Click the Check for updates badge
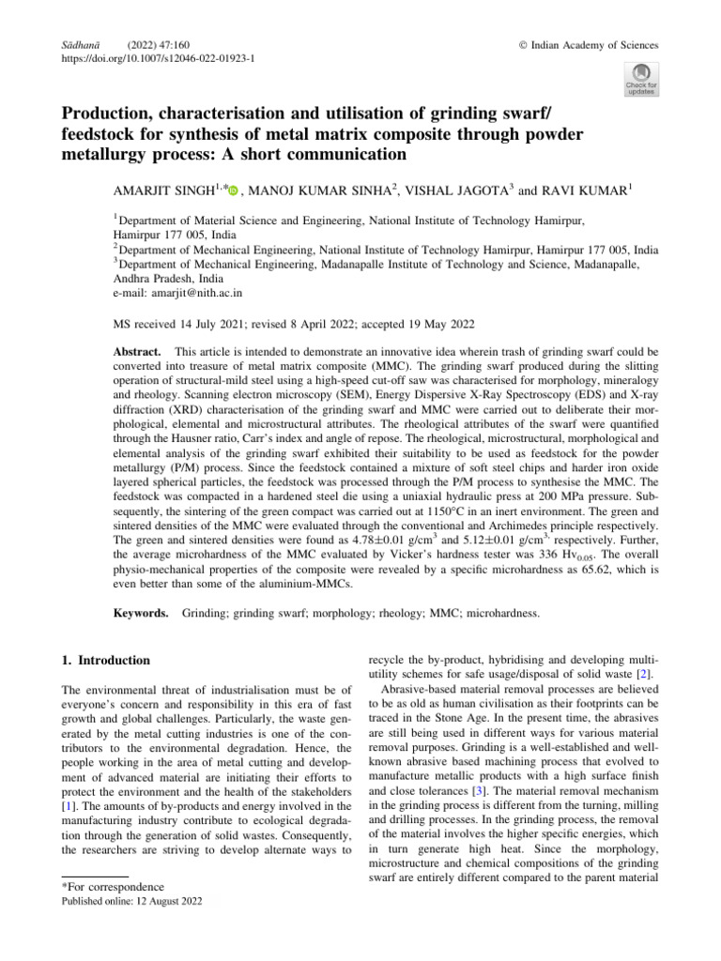click(x=641, y=80)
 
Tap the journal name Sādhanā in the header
click(x=68, y=45)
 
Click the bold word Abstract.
click(x=135, y=350)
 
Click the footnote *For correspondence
click(x=111, y=887)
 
